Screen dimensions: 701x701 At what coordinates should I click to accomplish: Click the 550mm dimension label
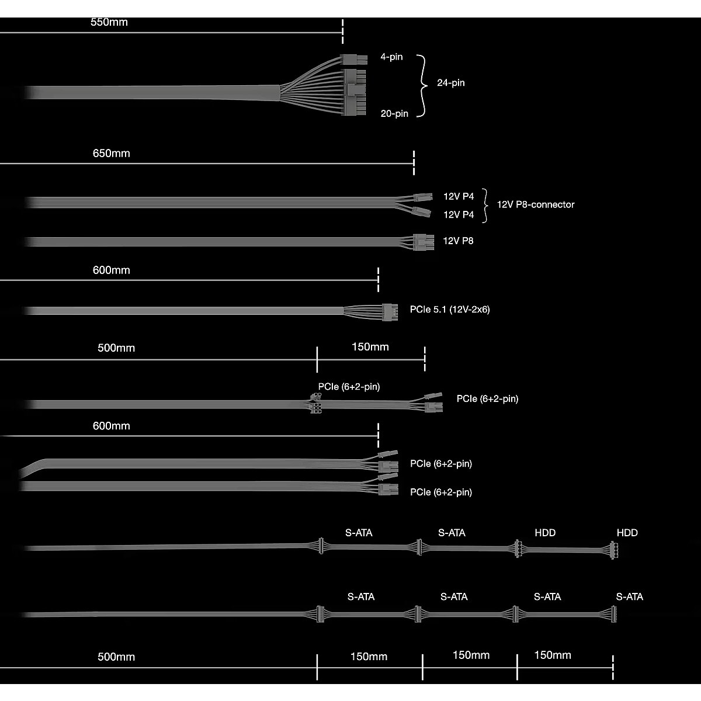109,22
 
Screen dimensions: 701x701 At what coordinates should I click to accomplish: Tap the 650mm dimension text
112,153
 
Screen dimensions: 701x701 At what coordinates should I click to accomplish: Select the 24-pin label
451,83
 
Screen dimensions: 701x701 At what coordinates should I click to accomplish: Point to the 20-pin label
394,113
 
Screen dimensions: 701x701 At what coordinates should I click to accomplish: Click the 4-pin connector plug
353,59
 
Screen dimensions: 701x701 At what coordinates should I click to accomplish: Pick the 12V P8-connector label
536,204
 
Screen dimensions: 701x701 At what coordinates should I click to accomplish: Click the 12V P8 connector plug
424,242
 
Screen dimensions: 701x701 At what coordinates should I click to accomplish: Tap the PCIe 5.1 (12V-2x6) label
450,310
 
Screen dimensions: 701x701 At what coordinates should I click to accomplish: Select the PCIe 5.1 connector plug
390,312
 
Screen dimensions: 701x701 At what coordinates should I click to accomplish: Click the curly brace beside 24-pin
422,86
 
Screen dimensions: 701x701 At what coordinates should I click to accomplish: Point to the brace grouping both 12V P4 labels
485,206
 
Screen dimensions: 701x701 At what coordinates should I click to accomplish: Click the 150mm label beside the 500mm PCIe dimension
370,346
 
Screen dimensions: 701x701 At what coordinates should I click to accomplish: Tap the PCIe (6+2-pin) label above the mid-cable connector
349,387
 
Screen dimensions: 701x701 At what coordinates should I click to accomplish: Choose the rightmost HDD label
627,533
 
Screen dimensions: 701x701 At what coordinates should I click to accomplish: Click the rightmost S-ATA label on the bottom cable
629,596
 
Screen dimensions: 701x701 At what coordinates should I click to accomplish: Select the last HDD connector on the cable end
614,550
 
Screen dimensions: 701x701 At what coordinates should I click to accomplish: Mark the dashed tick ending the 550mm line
343,32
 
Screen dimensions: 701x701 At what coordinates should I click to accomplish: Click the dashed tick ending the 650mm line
414,163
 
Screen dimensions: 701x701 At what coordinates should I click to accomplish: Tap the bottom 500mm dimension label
116,657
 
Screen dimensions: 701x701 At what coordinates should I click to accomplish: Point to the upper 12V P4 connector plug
423,197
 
